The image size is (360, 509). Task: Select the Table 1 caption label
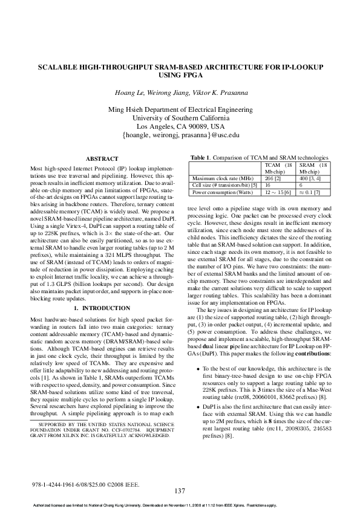click(x=201, y=158)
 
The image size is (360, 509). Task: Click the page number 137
click(x=180, y=490)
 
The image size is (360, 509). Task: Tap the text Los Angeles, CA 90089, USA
click(x=181, y=127)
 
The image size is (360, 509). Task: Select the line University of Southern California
click(x=180, y=118)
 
